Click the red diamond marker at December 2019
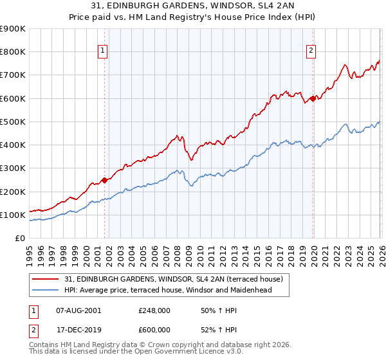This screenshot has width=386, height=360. click(x=313, y=98)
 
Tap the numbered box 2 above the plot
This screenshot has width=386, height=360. click(x=311, y=52)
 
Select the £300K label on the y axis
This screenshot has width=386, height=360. click(x=13, y=168)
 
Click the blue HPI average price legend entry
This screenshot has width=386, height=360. click(x=168, y=290)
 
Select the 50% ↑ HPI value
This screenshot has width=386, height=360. click(x=210, y=310)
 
